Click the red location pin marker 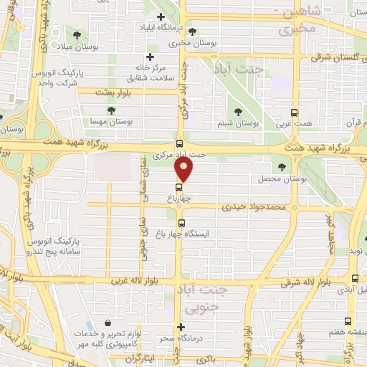184,170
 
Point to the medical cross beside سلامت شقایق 149,57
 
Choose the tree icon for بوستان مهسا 110,110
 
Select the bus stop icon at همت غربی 293,113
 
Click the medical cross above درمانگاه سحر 182,327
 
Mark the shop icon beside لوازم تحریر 108,324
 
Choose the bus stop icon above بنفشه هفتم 348,301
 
